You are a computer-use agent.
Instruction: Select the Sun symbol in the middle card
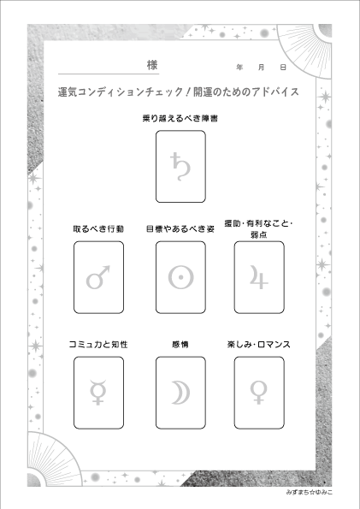click(x=180, y=277)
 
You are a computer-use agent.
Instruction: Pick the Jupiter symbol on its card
click(x=259, y=277)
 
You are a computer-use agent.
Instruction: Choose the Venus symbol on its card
click(x=259, y=393)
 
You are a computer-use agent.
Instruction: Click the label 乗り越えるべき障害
click(x=180, y=119)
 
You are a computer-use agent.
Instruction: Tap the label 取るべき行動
click(x=98, y=229)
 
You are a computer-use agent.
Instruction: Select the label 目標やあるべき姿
click(x=180, y=229)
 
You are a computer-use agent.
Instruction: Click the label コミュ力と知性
click(x=98, y=345)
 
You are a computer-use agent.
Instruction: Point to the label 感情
click(x=180, y=345)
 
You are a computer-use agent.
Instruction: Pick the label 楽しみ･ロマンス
click(x=259, y=345)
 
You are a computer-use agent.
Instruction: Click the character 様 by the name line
click(x=152, y=65)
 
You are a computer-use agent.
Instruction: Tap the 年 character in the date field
click(x=239, y=68)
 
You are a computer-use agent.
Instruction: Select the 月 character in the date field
click(x=262, y=68)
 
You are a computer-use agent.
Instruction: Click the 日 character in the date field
click(x=283, y=68)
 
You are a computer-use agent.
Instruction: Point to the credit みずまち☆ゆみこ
click(x=310, y=493)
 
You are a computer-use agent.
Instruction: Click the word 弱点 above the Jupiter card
click(x=259, y=234)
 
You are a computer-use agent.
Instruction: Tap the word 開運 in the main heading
click(x=204, y=92)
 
